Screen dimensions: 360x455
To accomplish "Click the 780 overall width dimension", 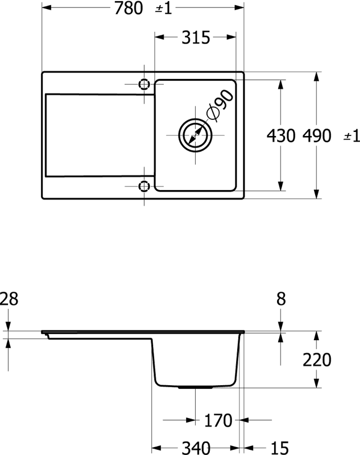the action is point(128,8).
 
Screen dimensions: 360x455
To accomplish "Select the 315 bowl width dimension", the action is point(196,37).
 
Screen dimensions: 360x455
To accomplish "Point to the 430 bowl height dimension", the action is point(281,135).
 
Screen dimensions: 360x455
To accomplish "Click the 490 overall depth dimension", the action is point(317,135).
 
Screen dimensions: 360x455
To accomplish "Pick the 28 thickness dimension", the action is point(9,299).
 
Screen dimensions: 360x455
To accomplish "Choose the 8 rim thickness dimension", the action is point(281,299).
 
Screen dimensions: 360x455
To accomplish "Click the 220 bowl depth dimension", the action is point(317,360).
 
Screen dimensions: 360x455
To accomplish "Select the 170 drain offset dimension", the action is point(218,420).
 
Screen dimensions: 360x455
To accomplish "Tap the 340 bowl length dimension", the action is point(196,448).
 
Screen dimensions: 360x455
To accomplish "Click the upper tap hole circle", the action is point(144,84).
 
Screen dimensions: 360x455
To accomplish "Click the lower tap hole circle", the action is point(144,186).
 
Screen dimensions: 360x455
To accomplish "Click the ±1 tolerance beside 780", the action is point(164,9).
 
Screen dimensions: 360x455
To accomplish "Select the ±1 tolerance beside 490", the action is point(352,135).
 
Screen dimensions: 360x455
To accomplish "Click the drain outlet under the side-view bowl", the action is point(195,387).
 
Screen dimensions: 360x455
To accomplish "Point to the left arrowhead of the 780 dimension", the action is point(47,8).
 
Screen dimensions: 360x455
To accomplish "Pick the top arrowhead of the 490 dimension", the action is point(317,76).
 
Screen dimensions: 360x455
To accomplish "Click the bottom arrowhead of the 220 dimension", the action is point(317,383).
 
